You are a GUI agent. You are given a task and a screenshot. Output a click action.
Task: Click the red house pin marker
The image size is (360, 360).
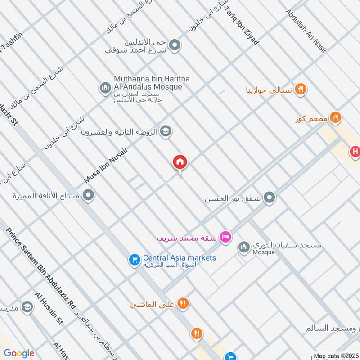tap(180, 162)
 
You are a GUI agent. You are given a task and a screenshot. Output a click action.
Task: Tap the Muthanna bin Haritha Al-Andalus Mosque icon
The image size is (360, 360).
tap(105, 87)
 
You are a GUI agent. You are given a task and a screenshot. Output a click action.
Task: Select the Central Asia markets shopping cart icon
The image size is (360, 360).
tap(134, 260)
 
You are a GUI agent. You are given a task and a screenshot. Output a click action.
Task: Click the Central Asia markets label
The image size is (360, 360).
tap(180, 258)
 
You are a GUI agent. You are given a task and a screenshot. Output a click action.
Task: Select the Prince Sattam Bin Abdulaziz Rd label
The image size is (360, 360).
tap(41, 268)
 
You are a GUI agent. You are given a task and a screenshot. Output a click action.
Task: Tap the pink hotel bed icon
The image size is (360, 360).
tap(226, 236)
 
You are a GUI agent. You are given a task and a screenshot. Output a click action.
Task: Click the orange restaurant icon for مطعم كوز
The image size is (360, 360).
tap(335, 118)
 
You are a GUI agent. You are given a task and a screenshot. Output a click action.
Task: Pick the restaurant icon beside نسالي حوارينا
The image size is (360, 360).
tap(301, 90)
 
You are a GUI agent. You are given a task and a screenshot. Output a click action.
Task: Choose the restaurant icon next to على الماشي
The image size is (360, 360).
tap(183, 303)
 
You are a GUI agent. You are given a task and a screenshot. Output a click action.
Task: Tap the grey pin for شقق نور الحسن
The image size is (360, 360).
tap(270, 198)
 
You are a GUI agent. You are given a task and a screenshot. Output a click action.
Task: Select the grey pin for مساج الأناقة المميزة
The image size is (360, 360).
tap(89, 195)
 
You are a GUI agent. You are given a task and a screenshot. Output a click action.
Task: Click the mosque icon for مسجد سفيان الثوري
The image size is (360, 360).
tap(244, 247)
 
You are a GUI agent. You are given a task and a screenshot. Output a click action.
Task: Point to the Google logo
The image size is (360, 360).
tap(19, 353)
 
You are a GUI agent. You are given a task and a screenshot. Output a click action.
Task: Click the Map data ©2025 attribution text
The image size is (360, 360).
tap(335, 355)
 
